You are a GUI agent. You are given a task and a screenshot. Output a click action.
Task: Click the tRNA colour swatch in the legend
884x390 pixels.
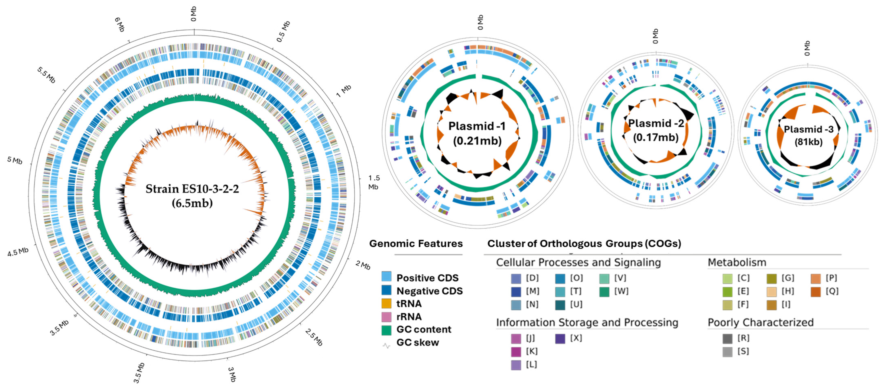click(386, 303)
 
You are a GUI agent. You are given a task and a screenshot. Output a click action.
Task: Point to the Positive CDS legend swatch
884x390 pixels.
click(386, 277)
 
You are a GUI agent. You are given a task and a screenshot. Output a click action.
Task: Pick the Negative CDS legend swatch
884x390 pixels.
click(386, 290)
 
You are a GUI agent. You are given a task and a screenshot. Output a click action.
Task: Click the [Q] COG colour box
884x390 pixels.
click(816, 291)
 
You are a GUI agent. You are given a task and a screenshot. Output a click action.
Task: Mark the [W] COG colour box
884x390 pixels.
click(604, 291)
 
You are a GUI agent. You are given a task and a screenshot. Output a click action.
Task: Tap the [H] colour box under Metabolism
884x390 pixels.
click(771, 291)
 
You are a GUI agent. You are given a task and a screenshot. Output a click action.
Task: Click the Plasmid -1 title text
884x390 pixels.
click(477, 126)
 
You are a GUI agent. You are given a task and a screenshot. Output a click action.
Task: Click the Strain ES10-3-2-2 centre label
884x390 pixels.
click(192, 189)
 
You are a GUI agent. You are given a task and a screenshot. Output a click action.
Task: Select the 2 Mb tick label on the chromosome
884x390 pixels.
click(363, 265)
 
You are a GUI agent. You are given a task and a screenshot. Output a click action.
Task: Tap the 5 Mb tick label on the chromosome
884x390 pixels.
click(15, 160)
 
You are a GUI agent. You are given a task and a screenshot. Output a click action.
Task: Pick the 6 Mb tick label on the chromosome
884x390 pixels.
click(119, 25)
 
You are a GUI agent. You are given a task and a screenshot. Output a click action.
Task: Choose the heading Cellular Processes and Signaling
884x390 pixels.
click(578, 262)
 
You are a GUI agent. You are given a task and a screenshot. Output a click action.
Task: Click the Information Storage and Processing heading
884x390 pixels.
click(587, 322)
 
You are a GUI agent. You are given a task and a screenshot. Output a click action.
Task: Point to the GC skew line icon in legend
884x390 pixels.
click(387, 346)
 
